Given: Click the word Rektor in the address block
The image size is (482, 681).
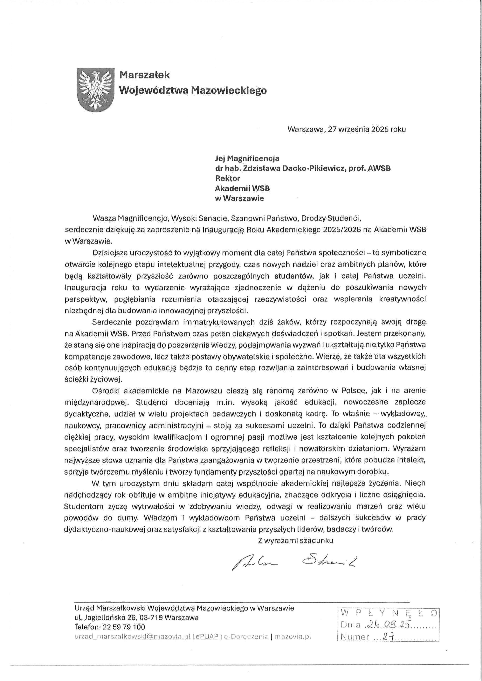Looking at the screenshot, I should (x=227, y=178).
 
